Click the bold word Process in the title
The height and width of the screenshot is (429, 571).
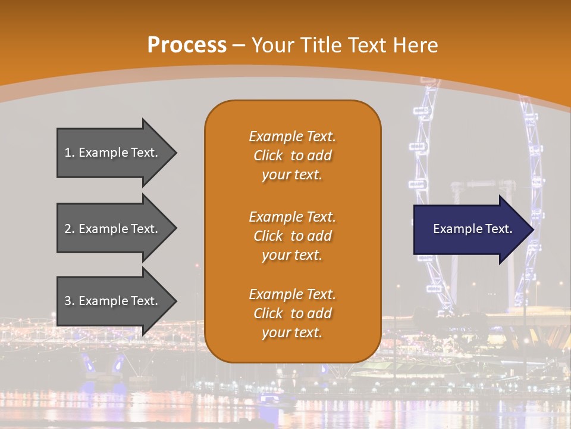tap(187, 45)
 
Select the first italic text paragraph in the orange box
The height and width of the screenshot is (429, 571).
tap(293, 156)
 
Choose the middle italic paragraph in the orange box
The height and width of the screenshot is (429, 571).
tap(293, 236)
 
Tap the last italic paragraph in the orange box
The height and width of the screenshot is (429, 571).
tap(293, 313)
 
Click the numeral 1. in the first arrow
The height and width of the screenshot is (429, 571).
tap(70, 153)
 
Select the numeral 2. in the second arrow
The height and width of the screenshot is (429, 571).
tap(70, 229)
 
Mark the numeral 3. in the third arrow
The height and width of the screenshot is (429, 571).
tap(70, 301)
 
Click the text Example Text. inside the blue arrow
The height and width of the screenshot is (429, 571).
tap(472, 229)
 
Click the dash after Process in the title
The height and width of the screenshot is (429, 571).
tap(239, 45)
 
